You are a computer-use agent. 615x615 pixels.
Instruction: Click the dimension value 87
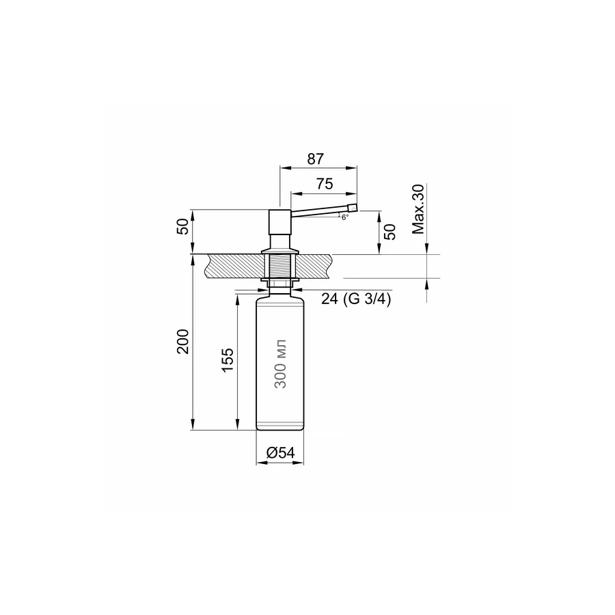coord(315,159)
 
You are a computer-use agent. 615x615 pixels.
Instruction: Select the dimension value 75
coord(325,184)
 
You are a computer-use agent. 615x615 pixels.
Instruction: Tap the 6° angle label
coord(345,217)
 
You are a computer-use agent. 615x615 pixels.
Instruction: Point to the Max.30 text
coord(418,208)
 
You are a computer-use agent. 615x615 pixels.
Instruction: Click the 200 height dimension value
coord(183,341)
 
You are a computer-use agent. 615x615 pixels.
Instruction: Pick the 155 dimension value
coord(228,360)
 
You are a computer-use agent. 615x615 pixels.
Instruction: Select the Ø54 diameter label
coord(280,452)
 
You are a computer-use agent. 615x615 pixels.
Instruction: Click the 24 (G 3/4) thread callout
coord(356,299)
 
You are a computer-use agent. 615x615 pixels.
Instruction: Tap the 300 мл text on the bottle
coord(280,364)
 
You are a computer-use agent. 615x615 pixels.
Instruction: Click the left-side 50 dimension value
coord(183,226)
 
